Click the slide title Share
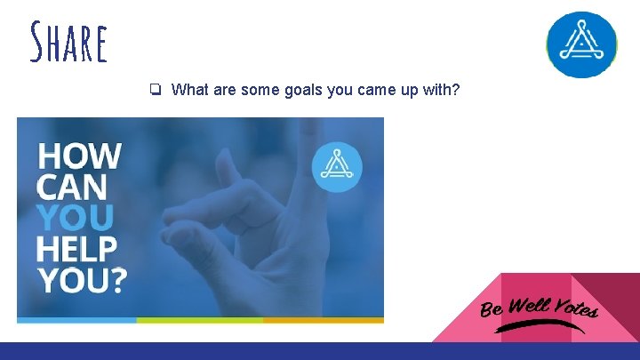(x=68, y=44)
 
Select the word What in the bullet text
(x=190, y=90)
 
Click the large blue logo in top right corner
(x=580, y=45)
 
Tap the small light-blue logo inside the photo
(x=337, y=166)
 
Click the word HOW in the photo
(x=80, y=156)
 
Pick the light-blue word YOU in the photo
(x=76, y=218)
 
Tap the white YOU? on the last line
(x=82, y=280)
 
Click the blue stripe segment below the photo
(x=76, y=319)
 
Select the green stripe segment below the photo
(x=199, y=319)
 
